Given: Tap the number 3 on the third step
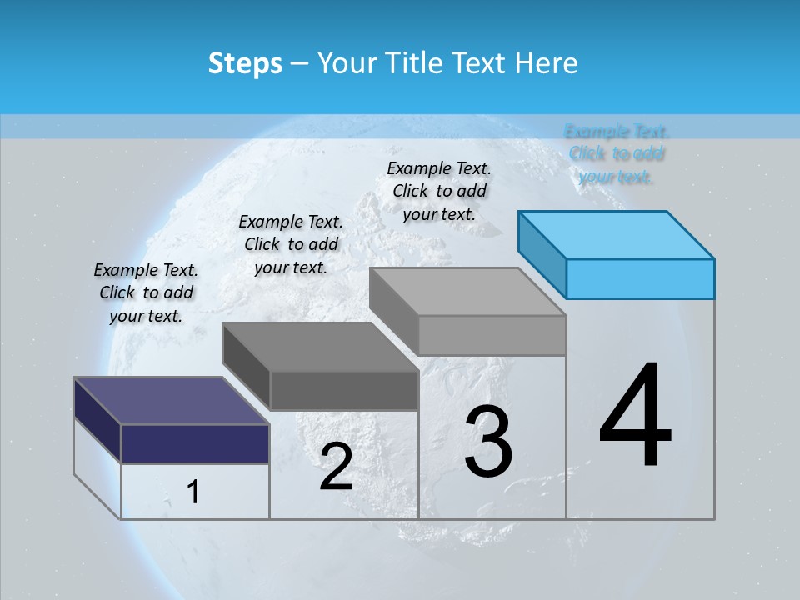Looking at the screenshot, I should (x=487, y=441).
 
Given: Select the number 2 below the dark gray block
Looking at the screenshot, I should (x=336, y=467).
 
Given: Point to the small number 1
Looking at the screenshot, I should (x=193, y=492).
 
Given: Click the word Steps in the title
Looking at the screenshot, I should (x=245, y=63).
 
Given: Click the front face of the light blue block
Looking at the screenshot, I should (x=640, y=278).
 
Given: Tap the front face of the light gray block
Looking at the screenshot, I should (x=492, y=335).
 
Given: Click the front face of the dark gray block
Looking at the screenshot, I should (x=344, y=390).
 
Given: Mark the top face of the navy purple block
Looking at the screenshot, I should (x=172, y=401).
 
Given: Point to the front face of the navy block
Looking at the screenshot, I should (x=195, y=443).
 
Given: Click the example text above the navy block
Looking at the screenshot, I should (x=146, y=293).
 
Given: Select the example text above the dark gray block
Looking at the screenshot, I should (x=291, y=244).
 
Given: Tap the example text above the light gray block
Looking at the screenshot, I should (x=439, y=191).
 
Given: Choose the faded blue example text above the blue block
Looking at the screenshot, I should (x=617, y=153).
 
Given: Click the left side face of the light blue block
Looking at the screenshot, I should (x=542, y=250).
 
